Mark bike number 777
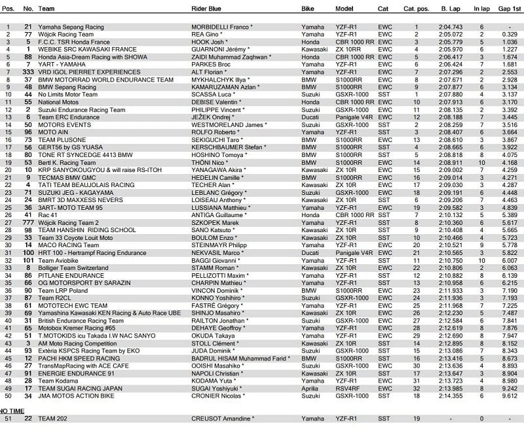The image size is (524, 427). click(28, 222)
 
